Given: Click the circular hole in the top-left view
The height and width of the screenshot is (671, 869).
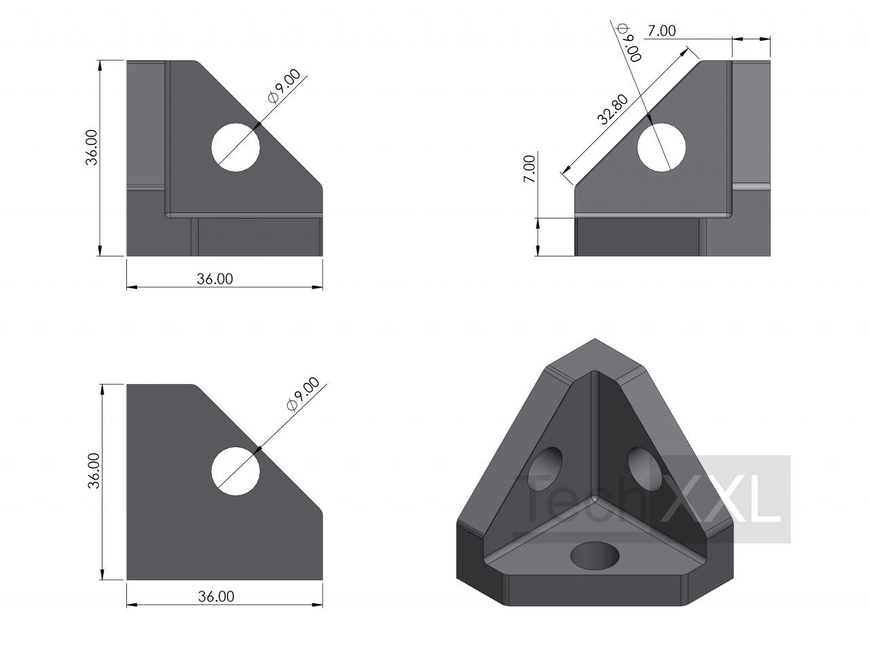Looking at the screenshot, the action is tap(235, 147).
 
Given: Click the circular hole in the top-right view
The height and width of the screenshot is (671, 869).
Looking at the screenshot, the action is tap(661, 147).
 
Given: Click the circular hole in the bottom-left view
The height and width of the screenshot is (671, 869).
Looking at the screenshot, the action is tap(235, 471).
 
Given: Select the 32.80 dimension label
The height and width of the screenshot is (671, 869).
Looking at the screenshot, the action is tap(612, 109).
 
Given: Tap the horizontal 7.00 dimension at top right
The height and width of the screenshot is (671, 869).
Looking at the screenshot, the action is tap(661, 31).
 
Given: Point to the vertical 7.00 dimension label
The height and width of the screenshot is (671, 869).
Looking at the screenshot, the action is tap(529, 169).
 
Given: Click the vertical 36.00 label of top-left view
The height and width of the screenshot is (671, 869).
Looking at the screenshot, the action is tap(92, 147).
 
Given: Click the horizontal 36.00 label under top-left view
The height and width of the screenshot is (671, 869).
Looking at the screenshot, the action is tap(215, 279).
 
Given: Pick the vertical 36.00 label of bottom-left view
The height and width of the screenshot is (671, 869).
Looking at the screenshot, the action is tap(94, 470).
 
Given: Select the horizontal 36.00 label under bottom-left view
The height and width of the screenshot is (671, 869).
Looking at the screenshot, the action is tap(216, 596).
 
